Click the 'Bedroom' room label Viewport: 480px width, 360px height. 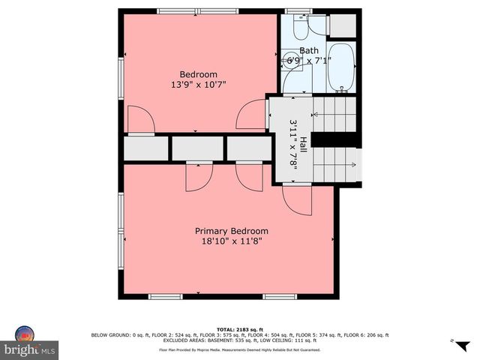pyautogui.click(x=198, y=74)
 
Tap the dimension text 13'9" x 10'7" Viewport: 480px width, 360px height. pyautogui.click(x=198, y=85)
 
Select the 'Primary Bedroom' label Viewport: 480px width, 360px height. pyautogui.click(x=231, y=231)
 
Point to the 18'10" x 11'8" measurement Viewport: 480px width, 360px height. pyautogui.click(x=231, y=241)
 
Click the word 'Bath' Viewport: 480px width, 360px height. pyautogui.click(x=298, y=52)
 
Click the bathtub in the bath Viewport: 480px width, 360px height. pyautogui.click(x=342, y=68)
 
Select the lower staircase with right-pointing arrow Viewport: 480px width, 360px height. pyautogui.click(x=334, y=164)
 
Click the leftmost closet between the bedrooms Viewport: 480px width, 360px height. pyautogui.click(x=146, y=148)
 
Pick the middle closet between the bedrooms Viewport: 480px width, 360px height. pyautogui.click(x=197, y=148)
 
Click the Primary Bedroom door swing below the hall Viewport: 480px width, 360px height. pyautogui.click(x=297, y=199)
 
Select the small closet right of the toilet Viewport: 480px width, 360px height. pyautogui.click(x=342, y=25)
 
